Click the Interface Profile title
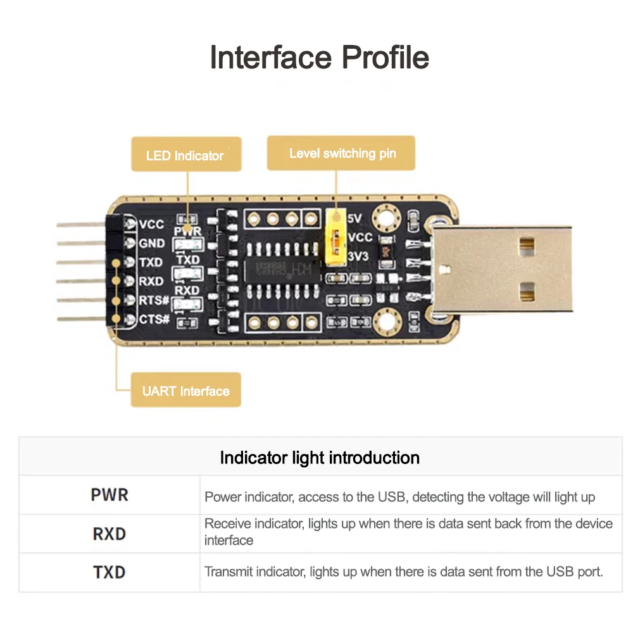point(319,58)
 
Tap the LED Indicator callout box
point(185,154)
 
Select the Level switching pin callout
point(342,153)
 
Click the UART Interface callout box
point(185,391)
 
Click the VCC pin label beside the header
point(151,224)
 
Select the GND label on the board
point(151,243)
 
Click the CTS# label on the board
point(154,319)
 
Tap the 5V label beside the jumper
point(354,218)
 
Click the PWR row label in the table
point(110,495)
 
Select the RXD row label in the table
point(110,534)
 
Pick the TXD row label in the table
point(110,572)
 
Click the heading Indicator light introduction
point(320,458)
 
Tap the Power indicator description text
point(399,497)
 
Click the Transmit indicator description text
point(403,572)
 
